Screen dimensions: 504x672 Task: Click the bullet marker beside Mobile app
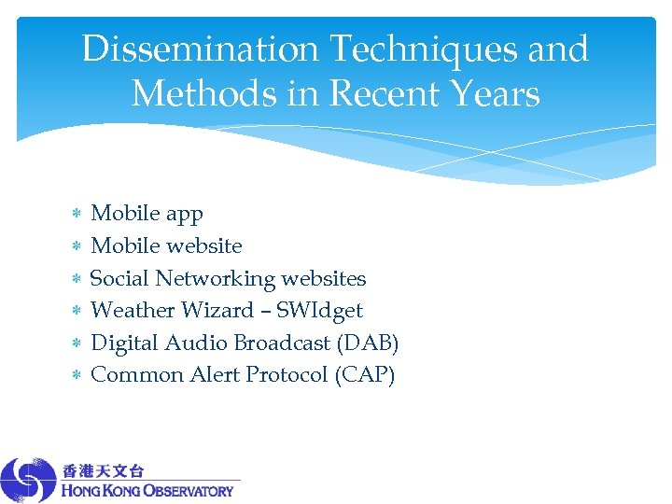coord(77,215)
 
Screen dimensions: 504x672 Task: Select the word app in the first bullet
coord(184,215)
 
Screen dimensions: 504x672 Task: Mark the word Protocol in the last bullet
coord(287,374)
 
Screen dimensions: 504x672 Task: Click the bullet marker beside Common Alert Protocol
coord(77,375)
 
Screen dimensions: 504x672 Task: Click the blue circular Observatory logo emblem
coord(29,480)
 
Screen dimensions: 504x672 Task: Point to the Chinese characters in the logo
coord(104,470)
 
